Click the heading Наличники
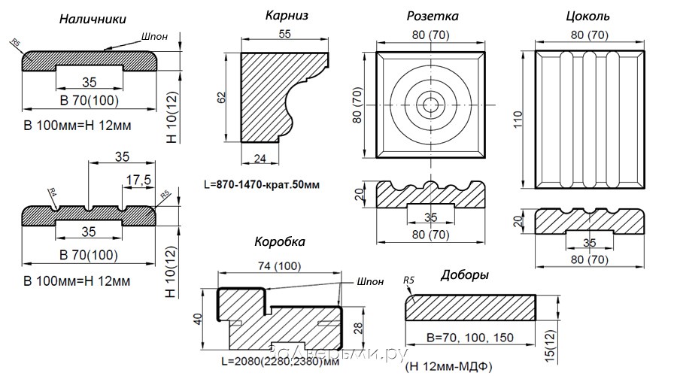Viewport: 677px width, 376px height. coord(93,20)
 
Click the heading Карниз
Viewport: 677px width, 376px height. coord(287,15)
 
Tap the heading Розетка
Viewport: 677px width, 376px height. coord(433,16)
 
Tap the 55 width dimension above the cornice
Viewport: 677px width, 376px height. coord(285,35)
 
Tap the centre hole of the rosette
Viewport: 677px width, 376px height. coord(432,105)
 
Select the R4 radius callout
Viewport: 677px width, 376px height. coord(53,193)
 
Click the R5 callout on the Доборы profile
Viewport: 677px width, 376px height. coord(409,282)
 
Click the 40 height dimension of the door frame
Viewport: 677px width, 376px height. coord(199,317)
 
